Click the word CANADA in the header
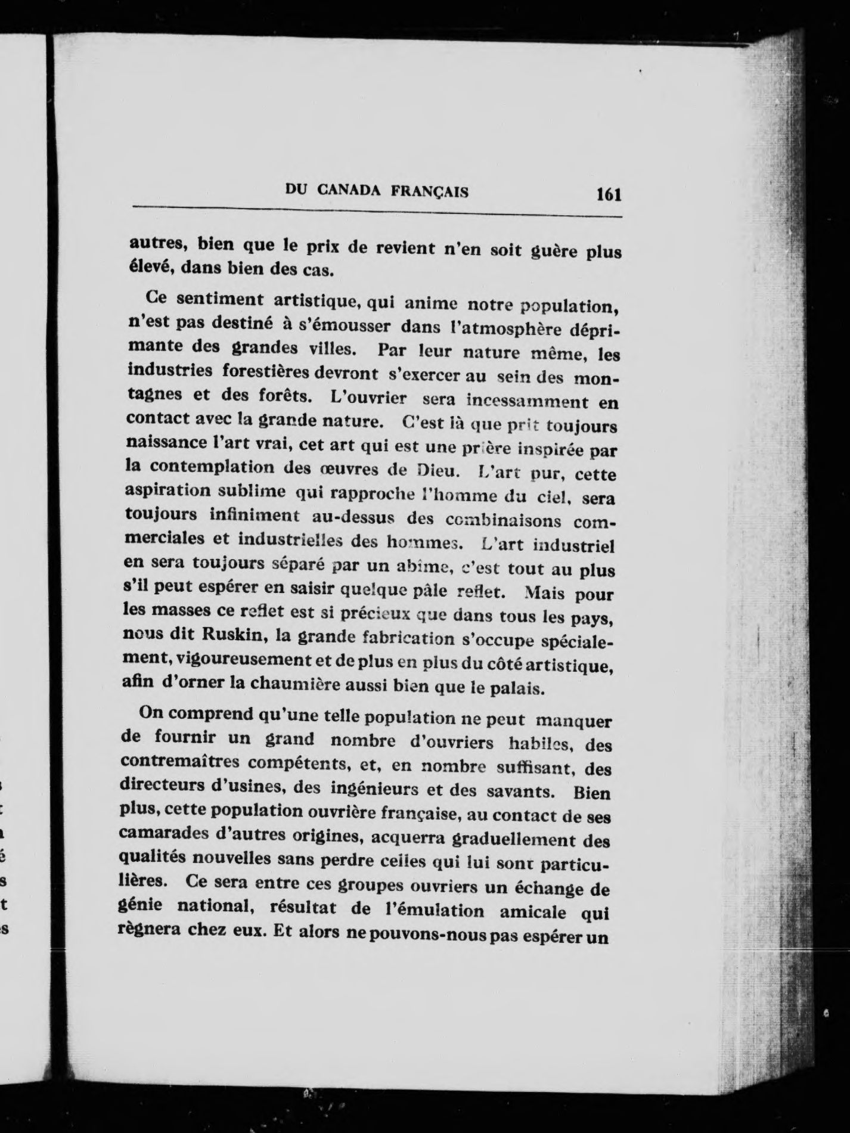[349, 191]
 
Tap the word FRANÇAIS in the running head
[429, 191]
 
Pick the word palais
[520, 689]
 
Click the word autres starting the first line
[157, 244]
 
